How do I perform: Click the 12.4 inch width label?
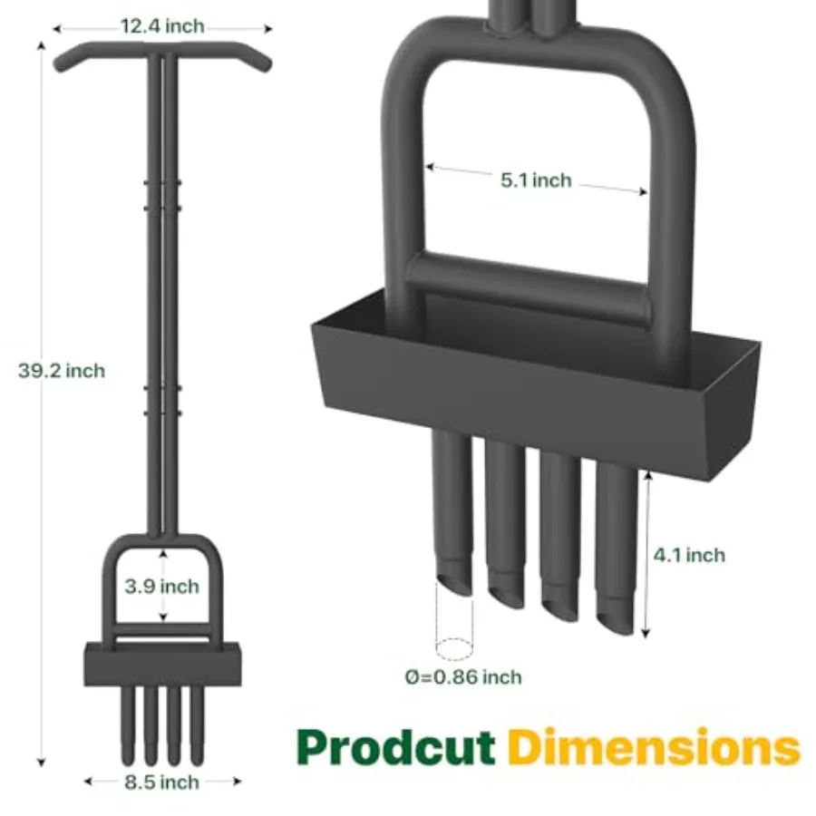pyautogui.click(x=162, y=26)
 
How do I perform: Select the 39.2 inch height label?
pyautogui.click(x=62, y=371)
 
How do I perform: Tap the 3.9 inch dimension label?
pyautogui.click(x=162, y=586)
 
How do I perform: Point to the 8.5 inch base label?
pyautogui.click(x=162, y=781)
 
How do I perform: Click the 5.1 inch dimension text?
pyautogui.click(x=537, y=180)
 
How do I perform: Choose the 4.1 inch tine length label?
pyautogui.click(x=690, y=555)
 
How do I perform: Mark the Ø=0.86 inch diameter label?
pyautogui.click(x=465, y=676)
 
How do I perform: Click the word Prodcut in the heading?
pyautogui.click(x=396, y=747)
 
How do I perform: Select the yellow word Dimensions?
pyautogui.click(x=654, y=747)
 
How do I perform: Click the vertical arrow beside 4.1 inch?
pyautogui.click(x=646, y=553)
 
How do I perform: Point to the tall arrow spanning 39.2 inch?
pyautogui.click(x=41, y=399)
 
